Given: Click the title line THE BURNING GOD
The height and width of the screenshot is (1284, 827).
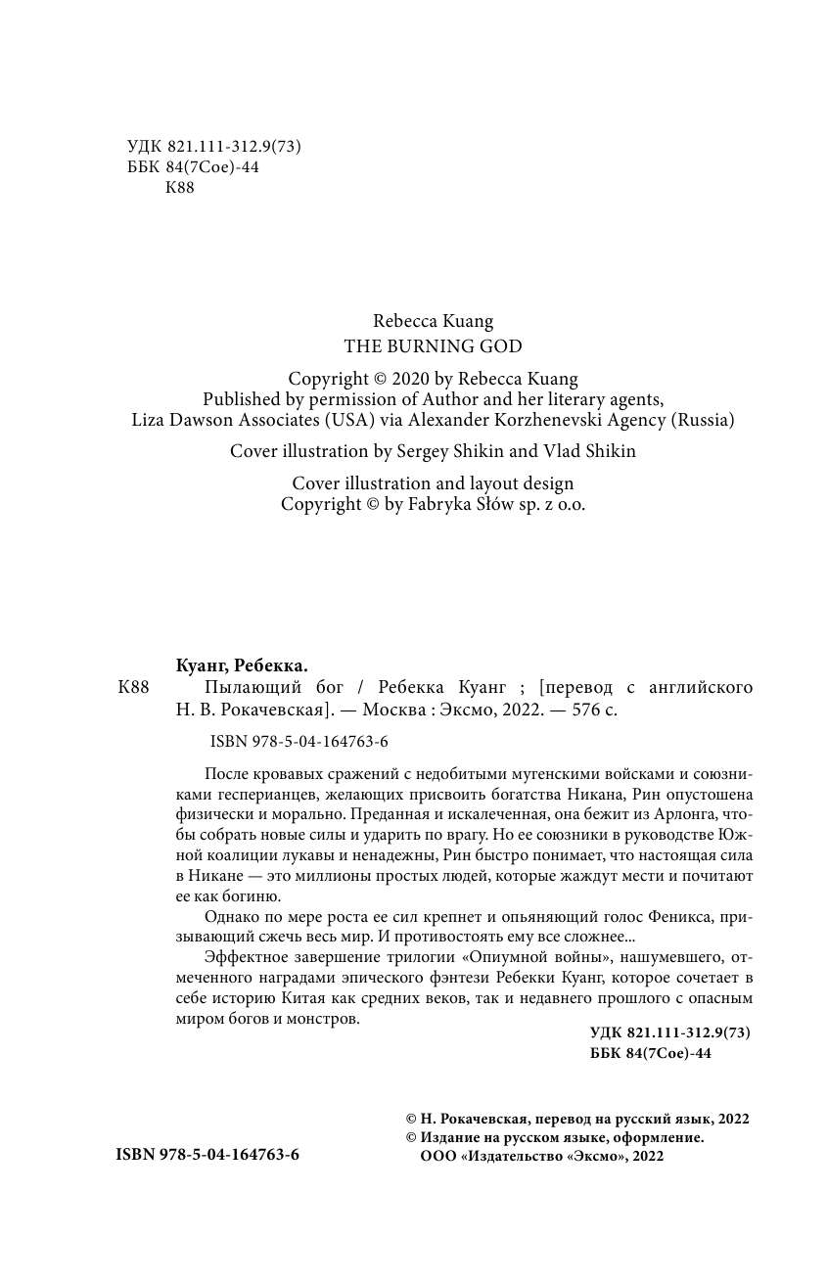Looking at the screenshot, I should (x=433, y=346).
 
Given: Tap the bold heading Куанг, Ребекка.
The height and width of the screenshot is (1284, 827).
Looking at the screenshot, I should (x=235, y=665).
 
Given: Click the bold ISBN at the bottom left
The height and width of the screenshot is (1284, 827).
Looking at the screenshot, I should (x=207, y=1155).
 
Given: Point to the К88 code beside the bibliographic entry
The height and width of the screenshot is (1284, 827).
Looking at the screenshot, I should (x=133, y=687).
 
